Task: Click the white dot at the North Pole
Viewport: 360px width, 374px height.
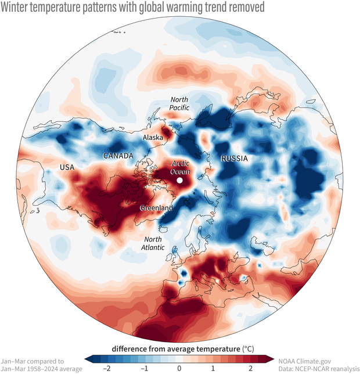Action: pos(180,181)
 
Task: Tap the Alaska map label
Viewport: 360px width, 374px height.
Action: pos(153,138)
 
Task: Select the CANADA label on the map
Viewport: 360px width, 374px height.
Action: pos(118,156)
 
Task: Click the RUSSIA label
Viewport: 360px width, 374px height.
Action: pos(234,158)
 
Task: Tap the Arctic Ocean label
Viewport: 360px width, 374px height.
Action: pos(180,168)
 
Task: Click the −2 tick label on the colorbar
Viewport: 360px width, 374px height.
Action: pos(106,368)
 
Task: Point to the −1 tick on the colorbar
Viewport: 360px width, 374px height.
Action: pos(142,368)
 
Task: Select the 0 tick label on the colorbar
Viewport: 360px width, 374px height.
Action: pos(179,368)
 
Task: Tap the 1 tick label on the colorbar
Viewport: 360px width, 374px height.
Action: pos(214,368)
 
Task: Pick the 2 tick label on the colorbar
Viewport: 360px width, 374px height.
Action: pos(250,368)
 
